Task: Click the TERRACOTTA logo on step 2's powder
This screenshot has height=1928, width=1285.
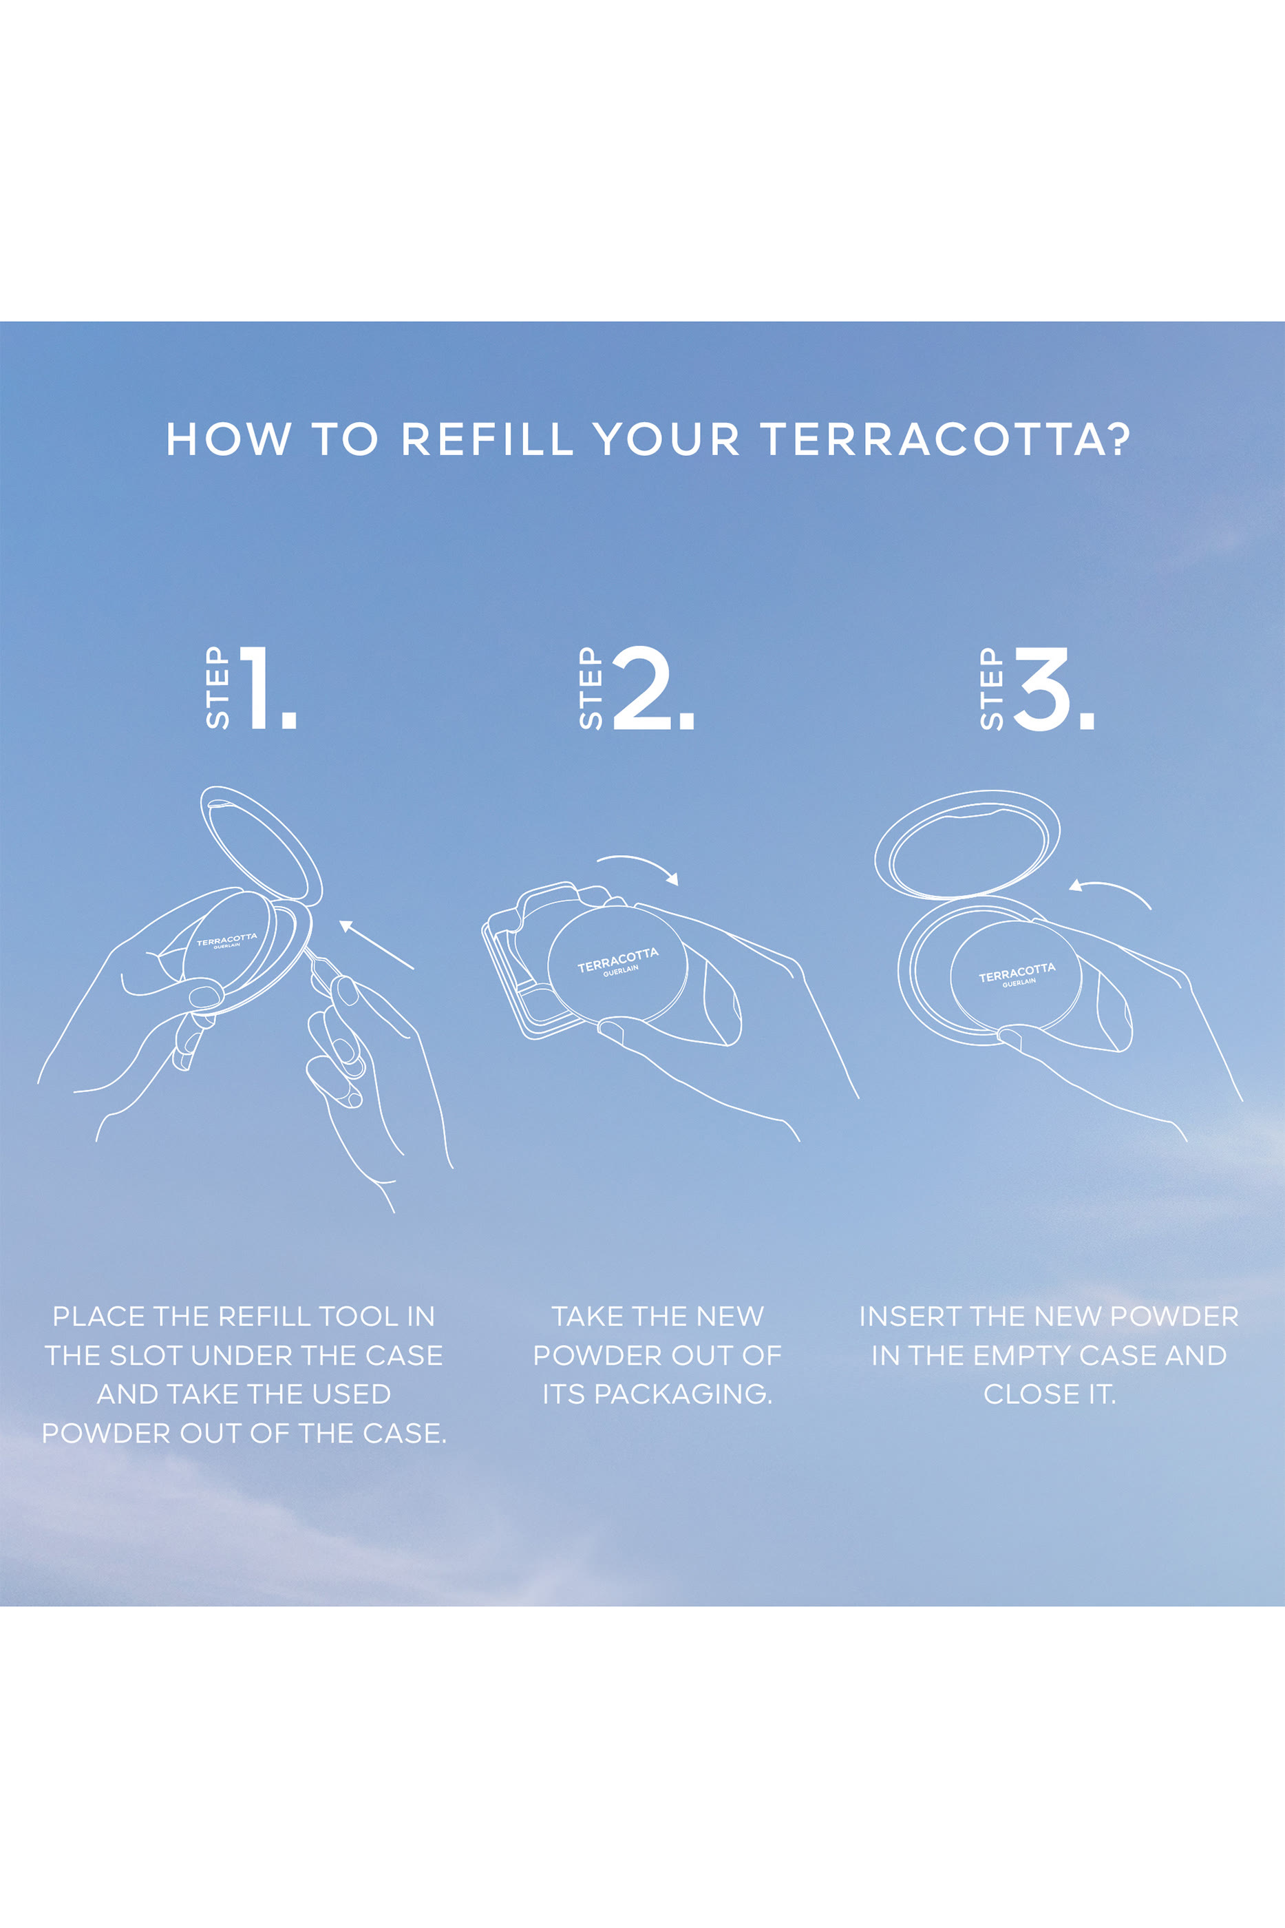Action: pyautogui.click(x=618, y=960)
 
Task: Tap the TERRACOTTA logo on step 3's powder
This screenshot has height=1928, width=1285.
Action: pyautogui.click(x=1017, y=973)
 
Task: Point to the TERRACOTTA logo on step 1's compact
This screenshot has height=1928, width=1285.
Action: pyautogui.click(x=226, y=939)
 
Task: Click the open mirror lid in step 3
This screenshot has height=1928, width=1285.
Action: pyautogui.click(x=967, y=843)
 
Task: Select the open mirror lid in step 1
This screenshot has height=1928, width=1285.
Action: pyautogui.click(x=261, y=844)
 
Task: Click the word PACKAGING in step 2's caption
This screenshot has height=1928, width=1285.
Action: pyautogui.click(x=683, y=1394)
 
